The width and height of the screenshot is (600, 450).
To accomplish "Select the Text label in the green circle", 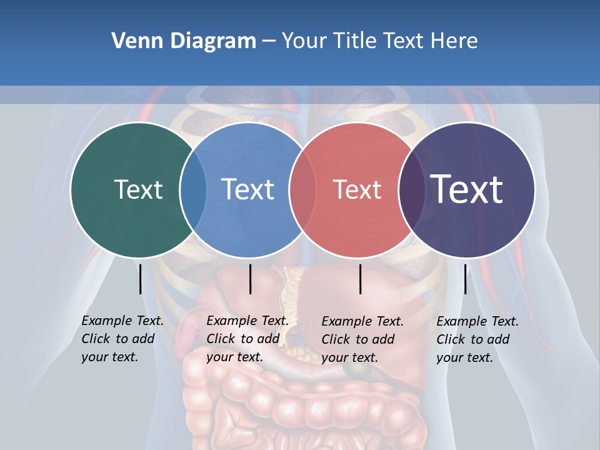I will [x=138, y=189].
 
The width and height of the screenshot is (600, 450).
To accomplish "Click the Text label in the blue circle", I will [x=247, y=189].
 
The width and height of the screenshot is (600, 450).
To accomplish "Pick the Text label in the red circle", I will [x=357, y=189].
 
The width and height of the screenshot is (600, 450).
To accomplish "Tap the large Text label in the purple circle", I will [x=466, y=189].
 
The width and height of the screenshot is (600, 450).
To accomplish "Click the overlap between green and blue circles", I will [x=193, y=189].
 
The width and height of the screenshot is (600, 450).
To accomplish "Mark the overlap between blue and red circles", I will [x=302, y=189].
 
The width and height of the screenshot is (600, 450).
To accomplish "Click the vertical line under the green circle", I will [x=140, y=279].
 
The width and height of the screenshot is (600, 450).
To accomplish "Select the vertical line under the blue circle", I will [x=250, y=279].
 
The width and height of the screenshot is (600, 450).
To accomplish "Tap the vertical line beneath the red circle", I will [x=360, y=279].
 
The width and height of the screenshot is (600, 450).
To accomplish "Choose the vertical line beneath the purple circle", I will [x=465, y=279].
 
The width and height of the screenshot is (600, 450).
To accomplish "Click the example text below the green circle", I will [x=122, y=339].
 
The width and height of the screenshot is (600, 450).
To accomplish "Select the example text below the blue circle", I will [x=247, y=339].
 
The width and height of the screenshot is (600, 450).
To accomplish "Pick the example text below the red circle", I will [x=362, y=339].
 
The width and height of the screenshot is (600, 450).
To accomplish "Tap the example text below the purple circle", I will [x=477, y=339].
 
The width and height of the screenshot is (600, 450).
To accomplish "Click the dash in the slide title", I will [x=269, y=42].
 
